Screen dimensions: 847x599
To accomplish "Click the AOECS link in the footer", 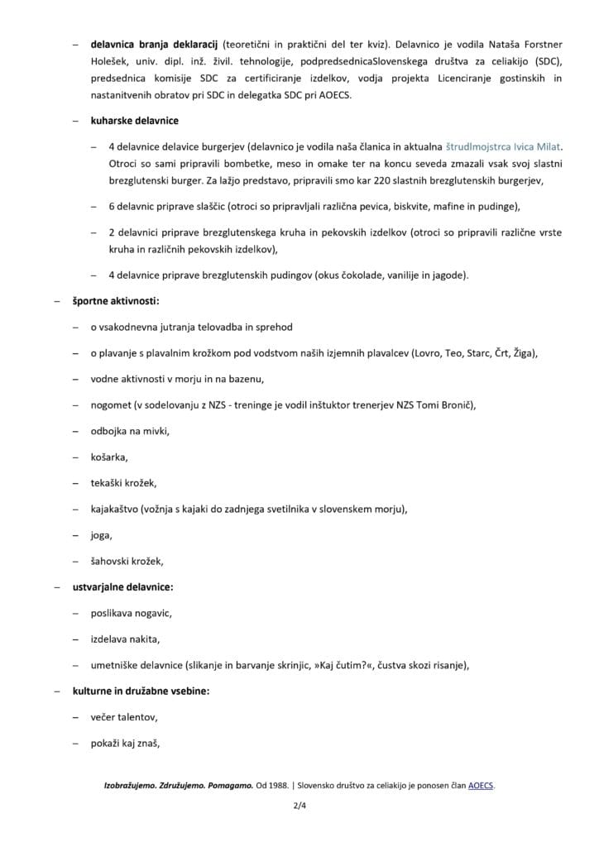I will (x=480, y=786).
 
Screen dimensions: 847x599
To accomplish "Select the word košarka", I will (x=109, y=457).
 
